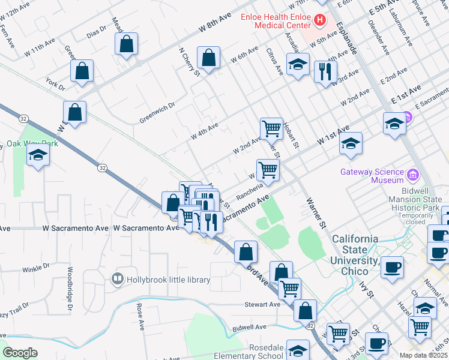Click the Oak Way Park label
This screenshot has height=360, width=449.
tap(32, 144)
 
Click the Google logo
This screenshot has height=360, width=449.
tap(20, 353)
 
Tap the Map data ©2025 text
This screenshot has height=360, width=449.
tap(423, 355)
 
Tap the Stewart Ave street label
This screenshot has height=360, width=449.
tap(262, 305)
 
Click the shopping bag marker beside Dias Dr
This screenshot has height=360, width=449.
tap(126, 44)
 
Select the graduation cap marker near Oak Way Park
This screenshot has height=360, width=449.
tap(38, 155)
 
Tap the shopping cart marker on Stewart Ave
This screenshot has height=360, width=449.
tap(289, 289)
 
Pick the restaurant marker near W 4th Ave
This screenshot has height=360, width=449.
tap(325, 72)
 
